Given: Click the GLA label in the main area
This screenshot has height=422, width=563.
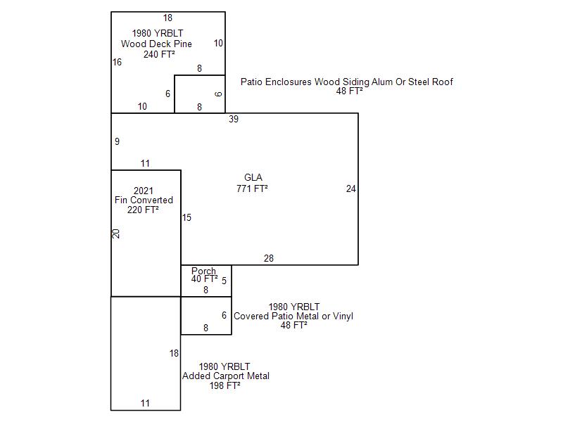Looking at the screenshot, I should pyautogui.click(x=253, y=177).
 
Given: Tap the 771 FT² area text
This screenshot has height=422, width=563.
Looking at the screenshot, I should pyautogui.click(x=253, y=188).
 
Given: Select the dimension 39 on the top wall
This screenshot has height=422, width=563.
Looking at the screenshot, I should pyautogui.click(x=234, y=119).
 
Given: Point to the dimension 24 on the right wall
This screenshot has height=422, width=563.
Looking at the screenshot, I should pyautogui.click(x=351, y=188).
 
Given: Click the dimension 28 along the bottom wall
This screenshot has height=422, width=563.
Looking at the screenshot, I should pyautogui.click(x=269, y=259).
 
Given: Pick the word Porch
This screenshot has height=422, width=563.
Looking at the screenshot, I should pyautogui.click(x=204, y=271).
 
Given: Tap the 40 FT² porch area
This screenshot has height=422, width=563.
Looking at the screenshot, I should pyautogui.click(x=204, y=279).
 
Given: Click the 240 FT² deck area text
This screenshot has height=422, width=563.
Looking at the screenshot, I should pyautogui.click(x=159, y=54).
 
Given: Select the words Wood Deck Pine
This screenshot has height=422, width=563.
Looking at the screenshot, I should pyautogui.click(x=156, y=44).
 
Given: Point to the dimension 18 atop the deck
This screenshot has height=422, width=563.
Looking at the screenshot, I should pyautogui.click(x=167, y=18).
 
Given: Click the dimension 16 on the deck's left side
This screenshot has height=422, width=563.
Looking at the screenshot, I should pyautogui.click(x=117, y=62).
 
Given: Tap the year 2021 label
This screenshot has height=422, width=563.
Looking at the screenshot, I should pyautogui.click(x=143, y=191).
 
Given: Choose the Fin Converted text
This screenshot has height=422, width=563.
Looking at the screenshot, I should pyautogui.click(x=144, y=200).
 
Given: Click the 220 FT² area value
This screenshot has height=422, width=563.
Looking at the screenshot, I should pyautogui.click(x=143, y=210).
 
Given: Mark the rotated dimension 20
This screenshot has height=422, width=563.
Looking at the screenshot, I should pyautogui.click(x=117, y=234).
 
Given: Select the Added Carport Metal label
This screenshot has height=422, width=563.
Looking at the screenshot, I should pyautogui.click(x=225, y=376).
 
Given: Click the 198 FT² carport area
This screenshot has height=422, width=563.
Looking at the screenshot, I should pyautogui.click(x=225, y=385).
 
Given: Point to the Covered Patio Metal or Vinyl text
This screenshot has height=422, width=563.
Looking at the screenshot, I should pyautogui.click(x=293, y=316).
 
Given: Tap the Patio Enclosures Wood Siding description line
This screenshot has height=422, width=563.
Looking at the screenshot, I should pyautogui.click(x=346, y=82).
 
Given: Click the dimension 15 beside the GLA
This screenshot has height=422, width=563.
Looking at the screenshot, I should pyautogui.click(x=186, y=217).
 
